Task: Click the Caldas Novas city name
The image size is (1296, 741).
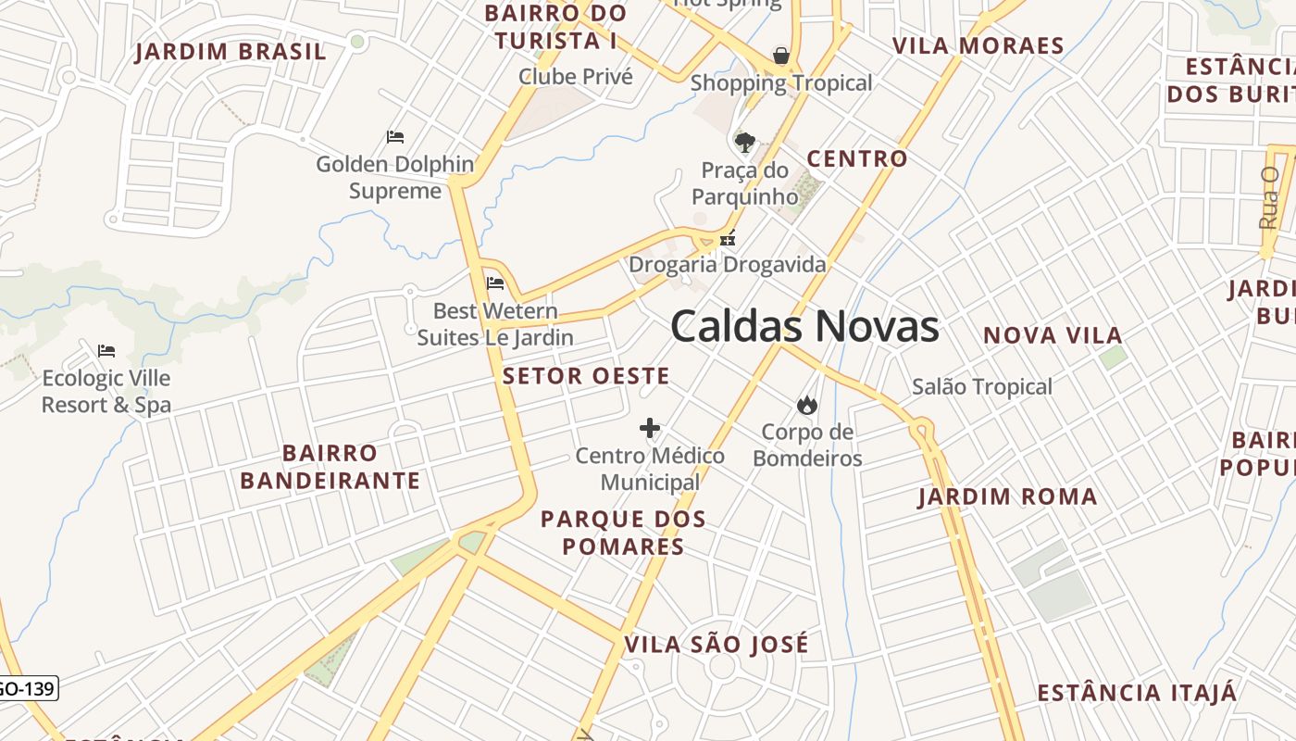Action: pyautogui.click(x=804, y=327)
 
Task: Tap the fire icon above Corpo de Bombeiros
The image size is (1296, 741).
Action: pyautogui.click(x=806, y=405)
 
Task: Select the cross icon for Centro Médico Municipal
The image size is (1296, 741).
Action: pyautogui.click(x=650, y=428)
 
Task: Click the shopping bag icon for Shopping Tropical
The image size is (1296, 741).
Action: pyautogui.click(x=781, y=56)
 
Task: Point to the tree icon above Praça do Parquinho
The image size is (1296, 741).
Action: pyautogui.click(x=744, y=143)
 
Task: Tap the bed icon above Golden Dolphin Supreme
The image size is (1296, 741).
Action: pyautogui.click(x=395, y=137)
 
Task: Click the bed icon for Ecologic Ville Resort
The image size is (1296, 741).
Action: pyautogui.click(x=106, y=351)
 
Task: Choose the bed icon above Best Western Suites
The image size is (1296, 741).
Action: pyautogui.click(x=495, y=283)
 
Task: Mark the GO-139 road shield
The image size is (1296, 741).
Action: pyautogui.click(x=28, y=688)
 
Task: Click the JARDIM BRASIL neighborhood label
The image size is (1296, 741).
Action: pyautogui.click(x=231, y=52)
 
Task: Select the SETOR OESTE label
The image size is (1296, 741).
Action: pyautogui.click(x=586, y=376)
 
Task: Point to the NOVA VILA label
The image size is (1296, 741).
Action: pyautogui.click(x=1053, y=335)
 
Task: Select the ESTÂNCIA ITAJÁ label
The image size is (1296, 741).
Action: pyautogui.click(x=1137, y=693)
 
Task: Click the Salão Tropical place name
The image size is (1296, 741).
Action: pyautogui.click(x=981, y=387)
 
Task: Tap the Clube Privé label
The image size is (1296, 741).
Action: pyautogui.click(x=576, y=77)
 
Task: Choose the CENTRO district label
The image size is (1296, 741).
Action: pyautogui.click(x=857, y=159)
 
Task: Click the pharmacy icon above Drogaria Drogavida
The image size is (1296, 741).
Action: pyautogui.click(x=728, y=239)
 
